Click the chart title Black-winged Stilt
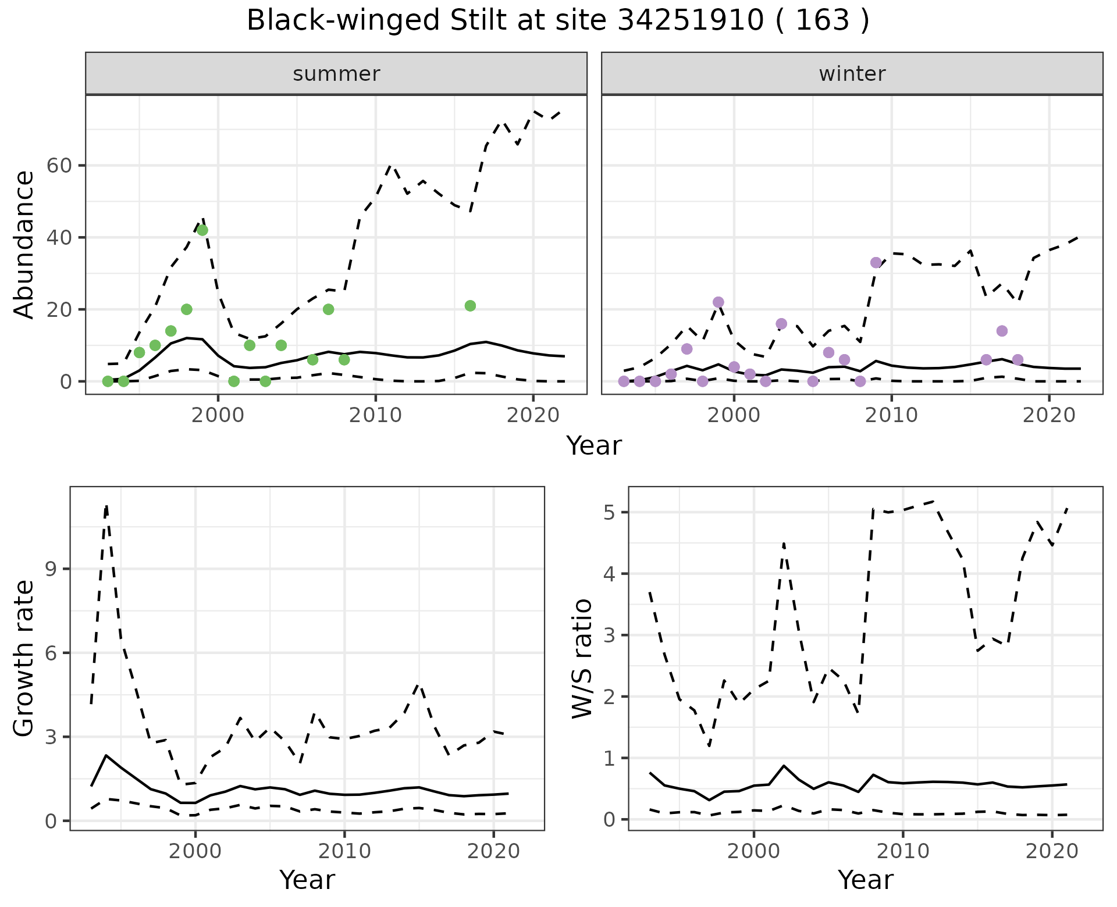[x=557, y=21]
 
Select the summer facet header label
[x=336, y=74]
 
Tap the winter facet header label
[x=852, y=74]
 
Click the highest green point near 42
[x=202, y=230]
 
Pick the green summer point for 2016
[x=470, y=306]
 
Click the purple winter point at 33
[x=876, y=263]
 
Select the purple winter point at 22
[x=718, y=302]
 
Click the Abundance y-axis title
[x=24, y=244]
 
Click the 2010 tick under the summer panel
[x=375, y=415]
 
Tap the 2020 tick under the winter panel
[x=1048, y=415]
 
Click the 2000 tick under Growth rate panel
[x=195, y=851]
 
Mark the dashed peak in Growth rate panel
[x=106, y=506]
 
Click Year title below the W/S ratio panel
[x=865, y=880]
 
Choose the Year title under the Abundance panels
[x=593, y=446]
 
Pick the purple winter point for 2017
[x=1001, y=331]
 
